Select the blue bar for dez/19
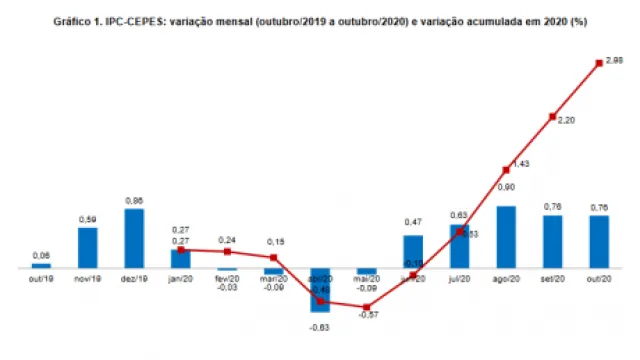click(134, 239)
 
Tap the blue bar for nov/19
click(88, 248)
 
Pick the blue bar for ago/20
click(506, 238)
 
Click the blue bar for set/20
click(552, 242)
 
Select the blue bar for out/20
click(599, 242)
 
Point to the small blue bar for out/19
click(41, 266)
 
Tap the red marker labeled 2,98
click(599, 62)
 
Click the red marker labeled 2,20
click(552, 117)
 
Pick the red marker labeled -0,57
click(367, 307)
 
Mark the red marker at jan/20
click(181, 250)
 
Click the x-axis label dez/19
click(134, 279)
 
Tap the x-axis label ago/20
click(506, 279)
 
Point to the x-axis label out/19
click(41, 279)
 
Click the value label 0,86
click(134, 201)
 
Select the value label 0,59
click(88, 220)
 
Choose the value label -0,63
click(320, 326)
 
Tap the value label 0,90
click(506, 187)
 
